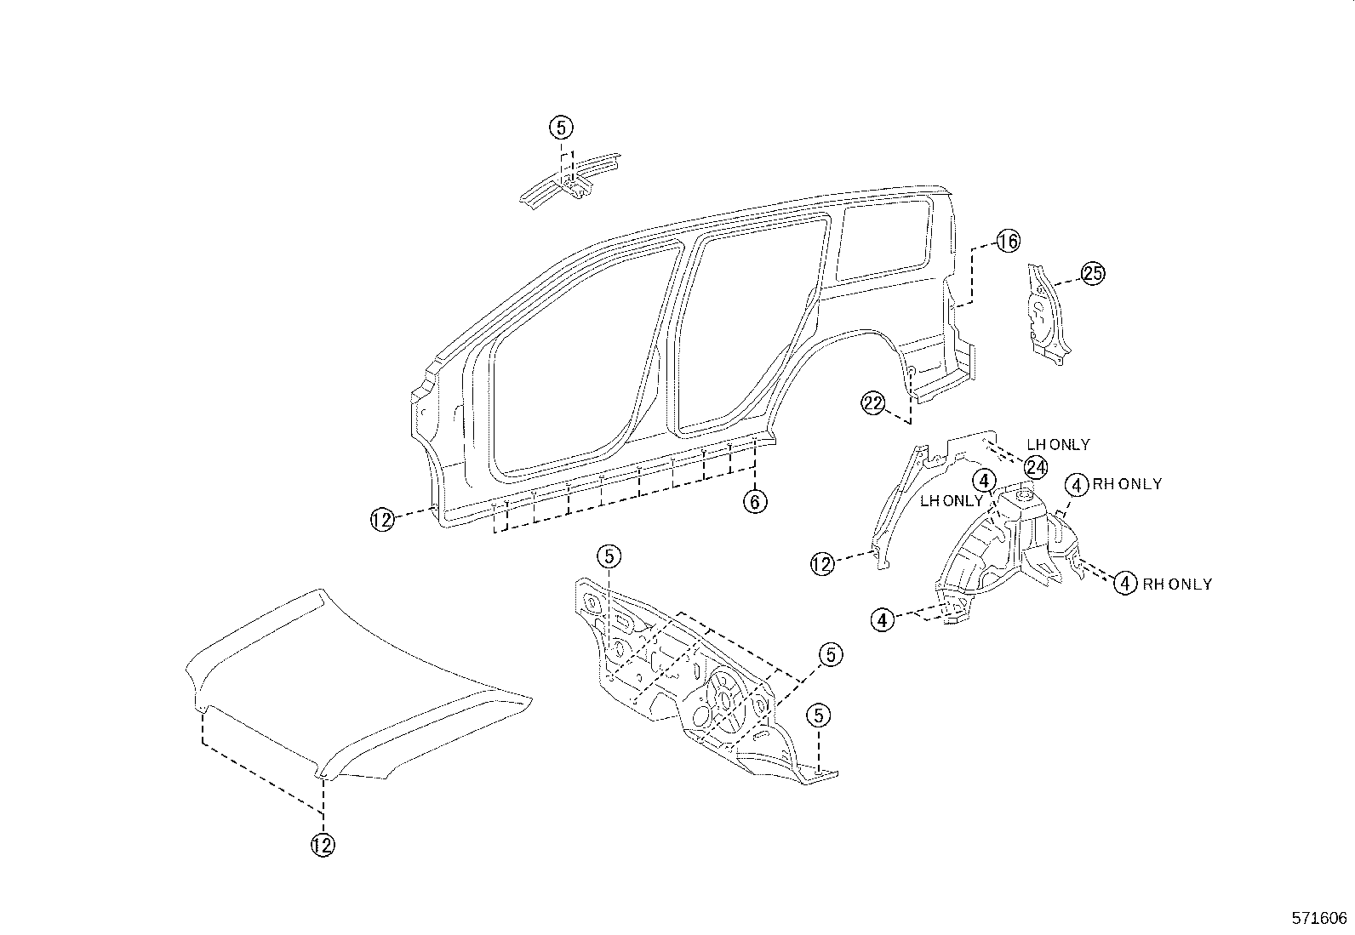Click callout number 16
1008,242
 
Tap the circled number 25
1092,274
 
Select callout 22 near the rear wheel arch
873,404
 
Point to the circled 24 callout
1036,467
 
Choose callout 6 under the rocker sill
754,502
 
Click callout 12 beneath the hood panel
323,845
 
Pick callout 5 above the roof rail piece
560,128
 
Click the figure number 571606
1319,918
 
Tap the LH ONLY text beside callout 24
1058,445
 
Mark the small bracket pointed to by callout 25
1044,315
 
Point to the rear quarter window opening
885,238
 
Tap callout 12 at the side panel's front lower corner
382,519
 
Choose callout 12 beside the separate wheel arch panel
822,564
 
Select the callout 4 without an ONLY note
883,620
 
